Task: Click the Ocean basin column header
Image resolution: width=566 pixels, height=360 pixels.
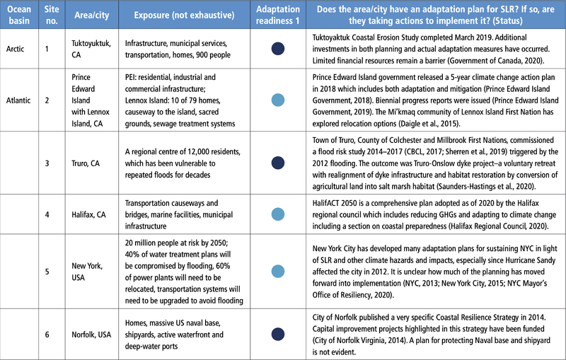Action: click(19, 15)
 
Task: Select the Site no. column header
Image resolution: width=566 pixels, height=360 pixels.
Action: click(52, 15)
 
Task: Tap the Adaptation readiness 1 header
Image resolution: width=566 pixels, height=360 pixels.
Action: click(278, 15)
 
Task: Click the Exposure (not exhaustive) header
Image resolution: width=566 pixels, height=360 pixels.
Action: click(184, 15)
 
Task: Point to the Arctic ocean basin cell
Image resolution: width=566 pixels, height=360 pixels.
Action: click(15, 49)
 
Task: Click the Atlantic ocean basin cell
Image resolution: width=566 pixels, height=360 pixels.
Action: click(18, 100)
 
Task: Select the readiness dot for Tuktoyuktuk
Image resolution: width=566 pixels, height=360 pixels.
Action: click(278, 49)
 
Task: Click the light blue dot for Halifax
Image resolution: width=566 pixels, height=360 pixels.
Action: click(278, 214)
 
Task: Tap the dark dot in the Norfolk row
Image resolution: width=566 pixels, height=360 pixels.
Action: click(278, 335)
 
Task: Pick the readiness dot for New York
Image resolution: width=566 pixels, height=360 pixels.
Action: click(278, 272)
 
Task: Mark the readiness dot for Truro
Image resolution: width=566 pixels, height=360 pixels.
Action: click(278, 163)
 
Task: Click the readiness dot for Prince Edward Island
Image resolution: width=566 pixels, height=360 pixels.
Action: click(278, 100)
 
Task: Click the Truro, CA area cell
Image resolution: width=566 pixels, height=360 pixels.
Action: click(86, 163)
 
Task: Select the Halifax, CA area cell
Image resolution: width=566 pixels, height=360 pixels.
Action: click(89, 214)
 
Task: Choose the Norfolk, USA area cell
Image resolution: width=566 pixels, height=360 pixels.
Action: click(91, 335)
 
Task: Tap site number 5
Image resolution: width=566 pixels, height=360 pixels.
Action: click(47, 272)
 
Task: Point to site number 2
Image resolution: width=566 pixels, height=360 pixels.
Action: click(47, 100)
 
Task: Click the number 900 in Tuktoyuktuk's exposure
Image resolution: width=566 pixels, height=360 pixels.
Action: click(202, 55)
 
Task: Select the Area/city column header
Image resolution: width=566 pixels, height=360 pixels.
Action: click(92, 15)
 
